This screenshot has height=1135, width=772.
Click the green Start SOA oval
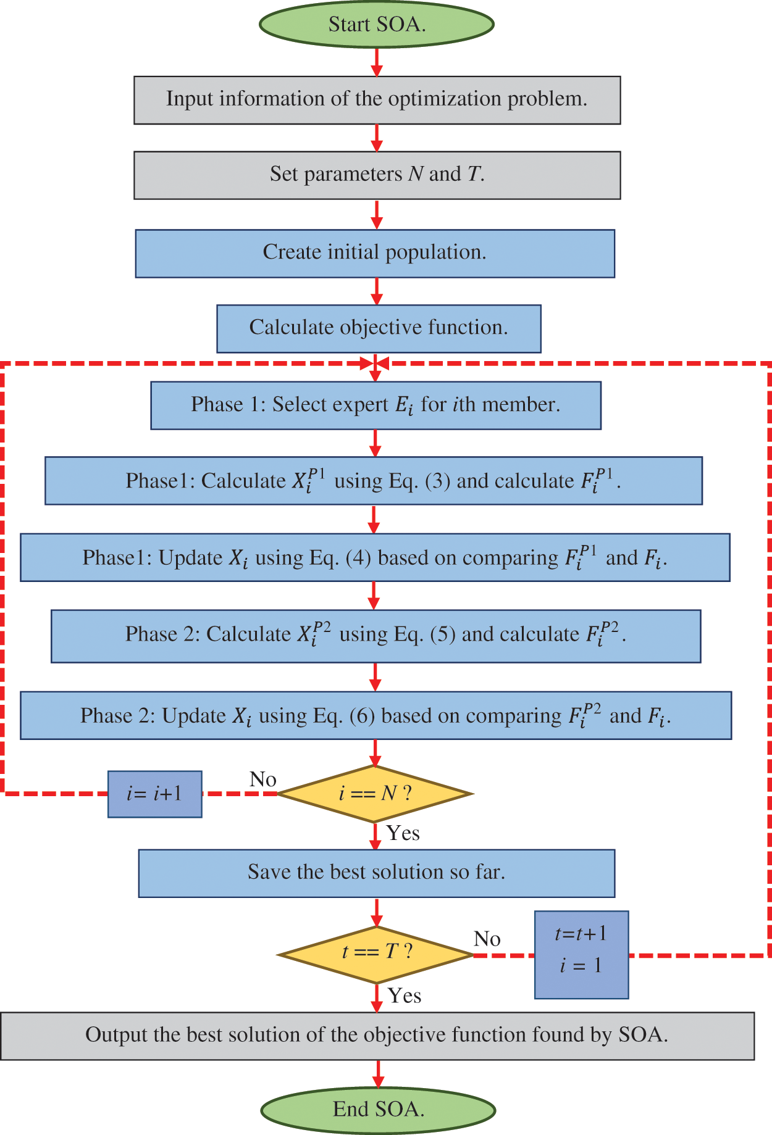[376, 25]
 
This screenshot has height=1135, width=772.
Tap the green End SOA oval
[378, 1109]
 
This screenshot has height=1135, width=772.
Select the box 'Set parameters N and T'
[377, 175]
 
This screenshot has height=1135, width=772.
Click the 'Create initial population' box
[375, 253]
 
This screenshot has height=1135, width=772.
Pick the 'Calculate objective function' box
[379, 328]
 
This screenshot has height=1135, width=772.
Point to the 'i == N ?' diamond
[375, 793]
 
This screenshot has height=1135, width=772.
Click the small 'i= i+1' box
[154, 794]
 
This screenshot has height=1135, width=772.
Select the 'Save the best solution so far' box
[376, 873]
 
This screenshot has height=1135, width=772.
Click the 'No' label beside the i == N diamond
[262, 780]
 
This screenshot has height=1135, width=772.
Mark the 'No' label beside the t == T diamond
[487, 939]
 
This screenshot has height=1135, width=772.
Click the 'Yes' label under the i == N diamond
[403, 833]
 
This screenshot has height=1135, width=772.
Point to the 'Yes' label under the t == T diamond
[405, 996]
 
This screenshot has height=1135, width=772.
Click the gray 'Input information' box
[377, 100]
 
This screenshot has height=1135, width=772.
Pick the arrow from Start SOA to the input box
[376, 62]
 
